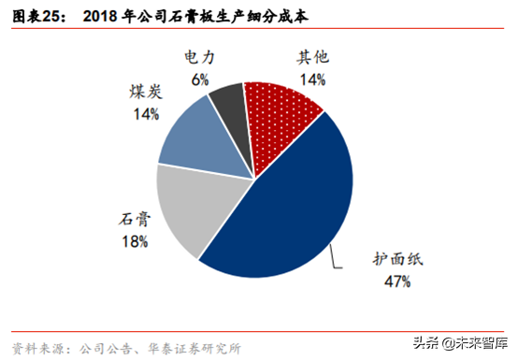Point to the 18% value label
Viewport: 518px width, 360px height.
[134, 242]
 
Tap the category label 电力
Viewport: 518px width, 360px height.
[200, 59]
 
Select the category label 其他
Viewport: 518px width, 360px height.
[313, 58]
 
